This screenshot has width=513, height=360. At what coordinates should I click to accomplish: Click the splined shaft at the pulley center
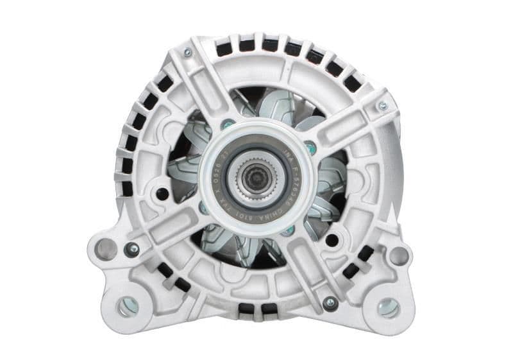[x=256, y=173]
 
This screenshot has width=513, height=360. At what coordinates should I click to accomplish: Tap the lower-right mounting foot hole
[x=387, y=307]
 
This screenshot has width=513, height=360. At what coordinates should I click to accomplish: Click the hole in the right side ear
[x=398, y=255]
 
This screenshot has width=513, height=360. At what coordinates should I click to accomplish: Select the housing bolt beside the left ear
[x=132, y=248]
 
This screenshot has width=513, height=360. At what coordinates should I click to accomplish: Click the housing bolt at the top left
[x=187, y=53]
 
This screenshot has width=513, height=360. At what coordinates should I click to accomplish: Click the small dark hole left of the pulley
[x=162, y=193]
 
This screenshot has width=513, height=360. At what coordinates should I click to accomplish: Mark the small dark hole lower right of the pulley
[x=332, y=240]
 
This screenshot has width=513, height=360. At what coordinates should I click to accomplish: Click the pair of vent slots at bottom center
[x=255, y=309]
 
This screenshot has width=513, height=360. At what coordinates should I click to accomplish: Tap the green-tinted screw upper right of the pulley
[x=311, y=147]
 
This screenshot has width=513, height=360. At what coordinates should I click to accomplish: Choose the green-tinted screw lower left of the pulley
[x=203, y=207]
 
